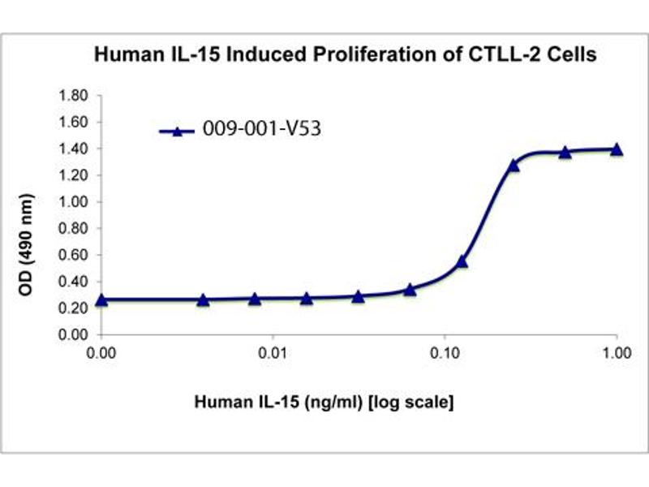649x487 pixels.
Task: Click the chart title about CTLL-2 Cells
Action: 346,55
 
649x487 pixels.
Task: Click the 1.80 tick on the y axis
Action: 73,96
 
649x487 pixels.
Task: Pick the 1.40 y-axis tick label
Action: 73,149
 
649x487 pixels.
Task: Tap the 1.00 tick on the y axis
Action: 73,201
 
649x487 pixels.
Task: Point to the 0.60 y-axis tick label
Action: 73,254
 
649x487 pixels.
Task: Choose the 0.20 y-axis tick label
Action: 73,308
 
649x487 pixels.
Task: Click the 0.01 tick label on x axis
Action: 273,354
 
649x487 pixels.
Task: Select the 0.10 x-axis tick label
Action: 445,354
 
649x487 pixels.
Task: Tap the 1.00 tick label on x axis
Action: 617,354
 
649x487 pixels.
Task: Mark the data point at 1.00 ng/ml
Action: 617,149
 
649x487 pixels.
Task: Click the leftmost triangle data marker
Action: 101,300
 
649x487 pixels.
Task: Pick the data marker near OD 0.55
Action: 462,261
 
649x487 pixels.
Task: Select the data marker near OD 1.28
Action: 514,165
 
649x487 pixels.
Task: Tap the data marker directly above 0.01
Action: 255,299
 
